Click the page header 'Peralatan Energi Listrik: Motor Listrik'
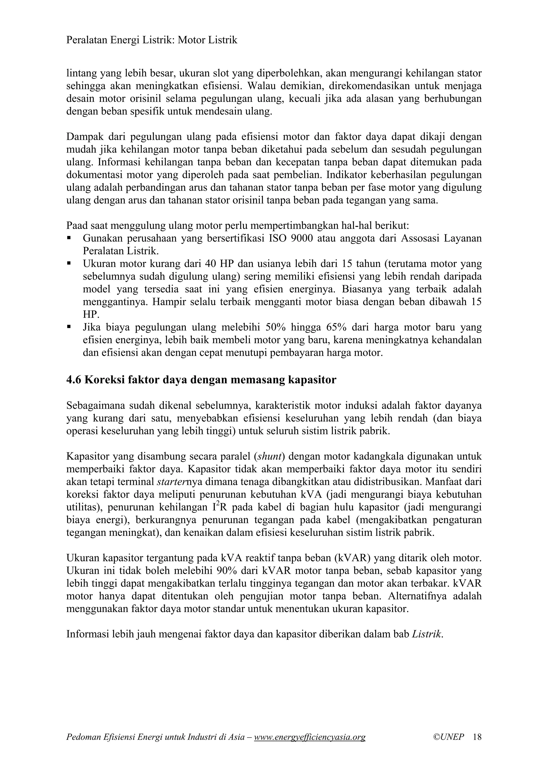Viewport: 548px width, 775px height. coord(152,40)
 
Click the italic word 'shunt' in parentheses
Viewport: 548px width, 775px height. coord(269,456)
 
